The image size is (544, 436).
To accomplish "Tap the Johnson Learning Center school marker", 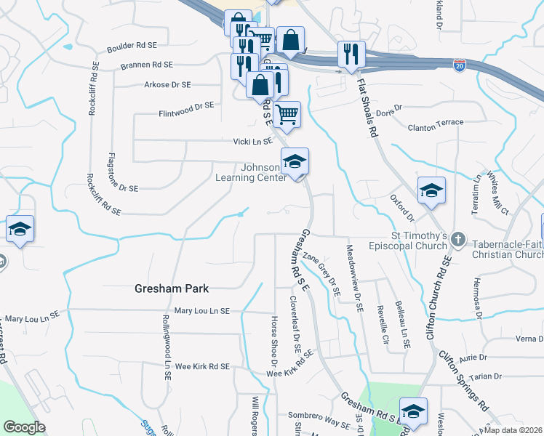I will point(295,161).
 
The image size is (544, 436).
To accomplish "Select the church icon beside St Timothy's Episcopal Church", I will point(458,238).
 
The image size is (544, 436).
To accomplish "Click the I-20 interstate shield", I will point(459,65).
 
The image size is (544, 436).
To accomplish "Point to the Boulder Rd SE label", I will point(132,46).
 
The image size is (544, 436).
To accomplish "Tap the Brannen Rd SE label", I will point(148,65).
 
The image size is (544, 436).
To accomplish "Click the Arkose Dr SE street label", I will point(168,85).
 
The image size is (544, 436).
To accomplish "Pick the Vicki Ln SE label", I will point(252,141).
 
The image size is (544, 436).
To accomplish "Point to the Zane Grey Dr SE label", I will point(322,272).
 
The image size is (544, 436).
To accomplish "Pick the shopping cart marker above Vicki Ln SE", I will point(287,113).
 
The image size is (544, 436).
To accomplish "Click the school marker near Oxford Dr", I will point(431,190).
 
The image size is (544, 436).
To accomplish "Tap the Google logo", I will point(24,428).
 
